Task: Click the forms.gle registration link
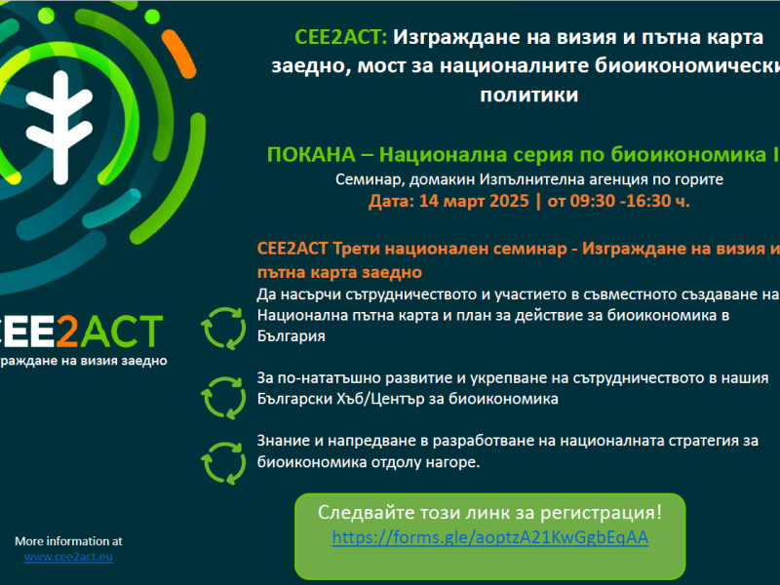click(490, 537)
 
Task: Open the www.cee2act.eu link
click(68, 557)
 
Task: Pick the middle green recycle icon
click(223, 388)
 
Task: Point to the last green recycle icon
click(223, 451)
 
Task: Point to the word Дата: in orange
click(392, 202)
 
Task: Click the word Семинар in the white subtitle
click(367, 179)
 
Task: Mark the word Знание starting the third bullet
click(285, 442)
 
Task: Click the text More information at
click(68, 540)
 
